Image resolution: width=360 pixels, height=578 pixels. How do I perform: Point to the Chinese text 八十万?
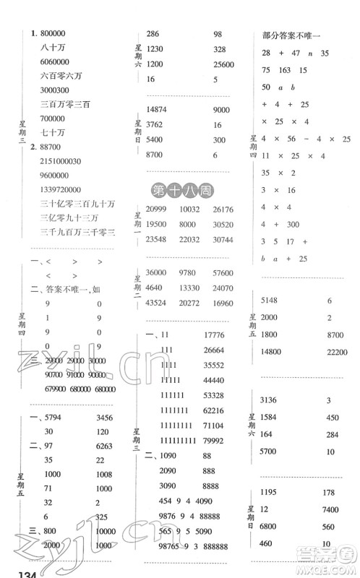tap(53, 48)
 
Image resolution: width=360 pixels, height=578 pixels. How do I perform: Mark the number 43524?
tap(158, 301)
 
